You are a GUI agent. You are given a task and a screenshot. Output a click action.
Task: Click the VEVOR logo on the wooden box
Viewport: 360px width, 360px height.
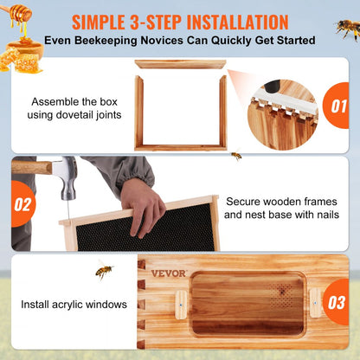point(168,273)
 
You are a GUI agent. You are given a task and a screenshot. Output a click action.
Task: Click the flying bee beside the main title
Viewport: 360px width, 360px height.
point(347,29)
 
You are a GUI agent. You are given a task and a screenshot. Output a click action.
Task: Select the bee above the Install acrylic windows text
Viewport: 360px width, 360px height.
point(104,273)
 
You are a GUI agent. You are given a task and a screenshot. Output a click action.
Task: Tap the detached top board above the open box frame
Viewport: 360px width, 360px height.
point(181,64)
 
